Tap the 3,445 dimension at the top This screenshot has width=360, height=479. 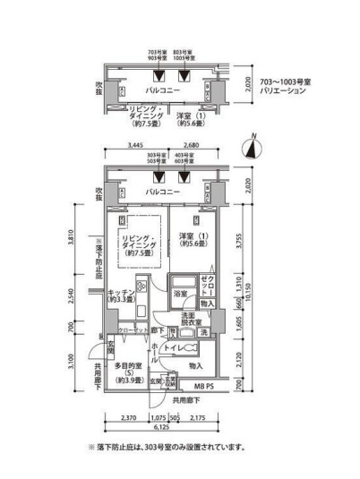click(136, 144)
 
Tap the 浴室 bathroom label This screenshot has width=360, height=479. click(179, 293)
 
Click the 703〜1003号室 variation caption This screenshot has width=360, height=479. click(289, 85)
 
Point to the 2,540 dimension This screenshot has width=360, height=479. click(83, 295)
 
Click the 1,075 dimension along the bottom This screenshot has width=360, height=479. click(158, 416)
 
